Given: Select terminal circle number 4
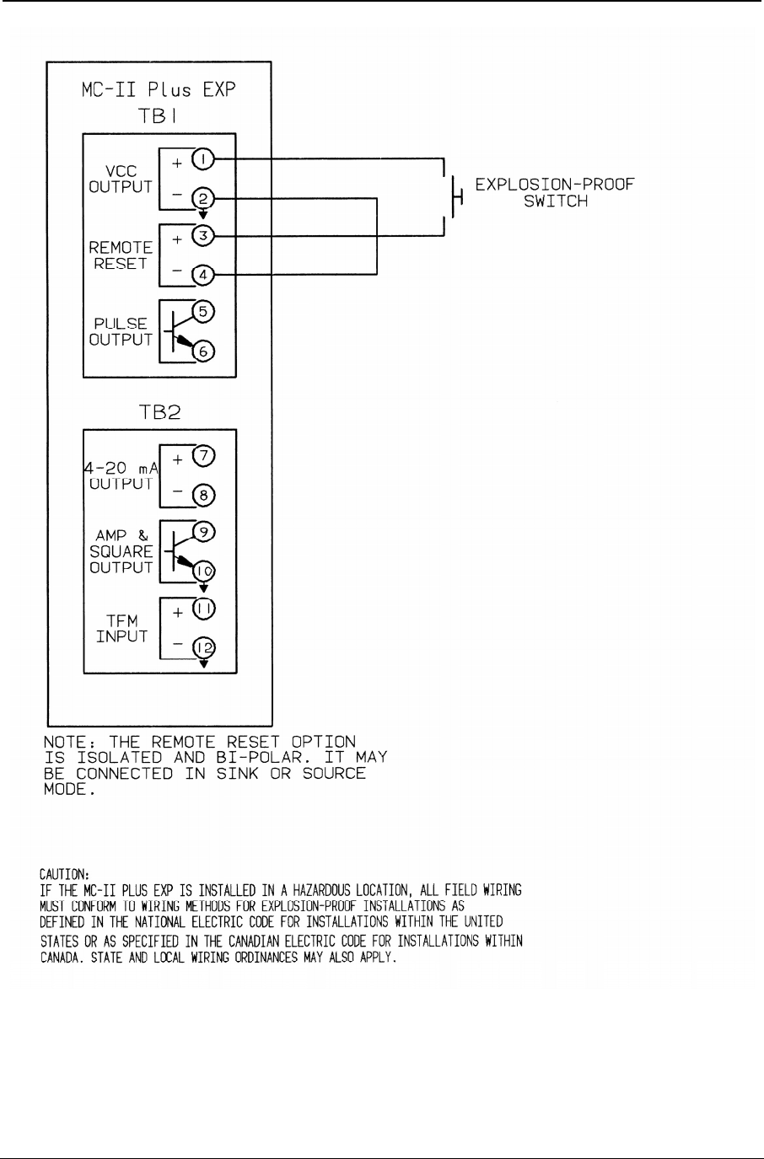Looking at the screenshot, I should (x=204, y=274).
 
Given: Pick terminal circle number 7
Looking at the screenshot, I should (x=204, y=456).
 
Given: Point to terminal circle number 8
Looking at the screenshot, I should (x=204, y=496).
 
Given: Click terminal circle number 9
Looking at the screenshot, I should (x=204, y=532).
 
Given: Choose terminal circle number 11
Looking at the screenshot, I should (x=204, y=608).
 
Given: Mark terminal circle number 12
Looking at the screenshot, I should (x=204, y=647).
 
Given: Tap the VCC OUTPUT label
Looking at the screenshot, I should (x=121, y=179).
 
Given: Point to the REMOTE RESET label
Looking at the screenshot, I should (x=121, y=255).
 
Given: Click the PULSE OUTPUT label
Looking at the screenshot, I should (x=121, y=331).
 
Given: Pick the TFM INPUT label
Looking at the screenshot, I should (x=121, y=628).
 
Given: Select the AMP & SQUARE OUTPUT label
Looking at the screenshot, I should (x=121, y=550).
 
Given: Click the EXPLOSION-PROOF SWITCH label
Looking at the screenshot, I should (x=554, y=193).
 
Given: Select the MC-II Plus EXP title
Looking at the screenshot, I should (x=158, y=89).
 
